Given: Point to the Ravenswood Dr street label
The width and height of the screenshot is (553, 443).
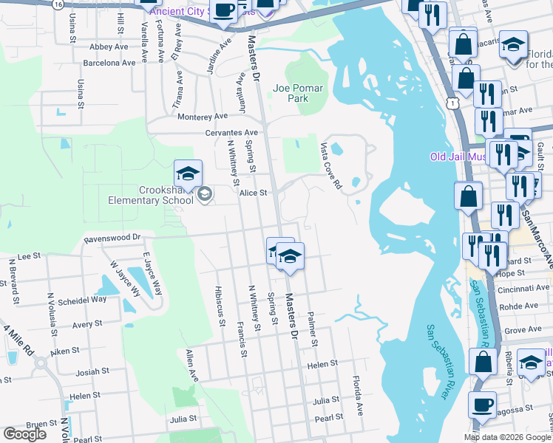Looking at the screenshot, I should [112, 238].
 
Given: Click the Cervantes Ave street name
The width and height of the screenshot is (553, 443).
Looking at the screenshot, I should [231, 133].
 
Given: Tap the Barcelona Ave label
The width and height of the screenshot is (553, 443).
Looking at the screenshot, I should [111, 63].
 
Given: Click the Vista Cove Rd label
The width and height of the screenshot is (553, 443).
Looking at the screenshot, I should [330, 165].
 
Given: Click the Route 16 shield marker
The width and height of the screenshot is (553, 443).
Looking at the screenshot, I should [58, 4].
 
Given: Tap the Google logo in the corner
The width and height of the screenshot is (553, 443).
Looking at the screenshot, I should [24, 434].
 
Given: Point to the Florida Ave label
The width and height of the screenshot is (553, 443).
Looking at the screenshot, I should [360, 398].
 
